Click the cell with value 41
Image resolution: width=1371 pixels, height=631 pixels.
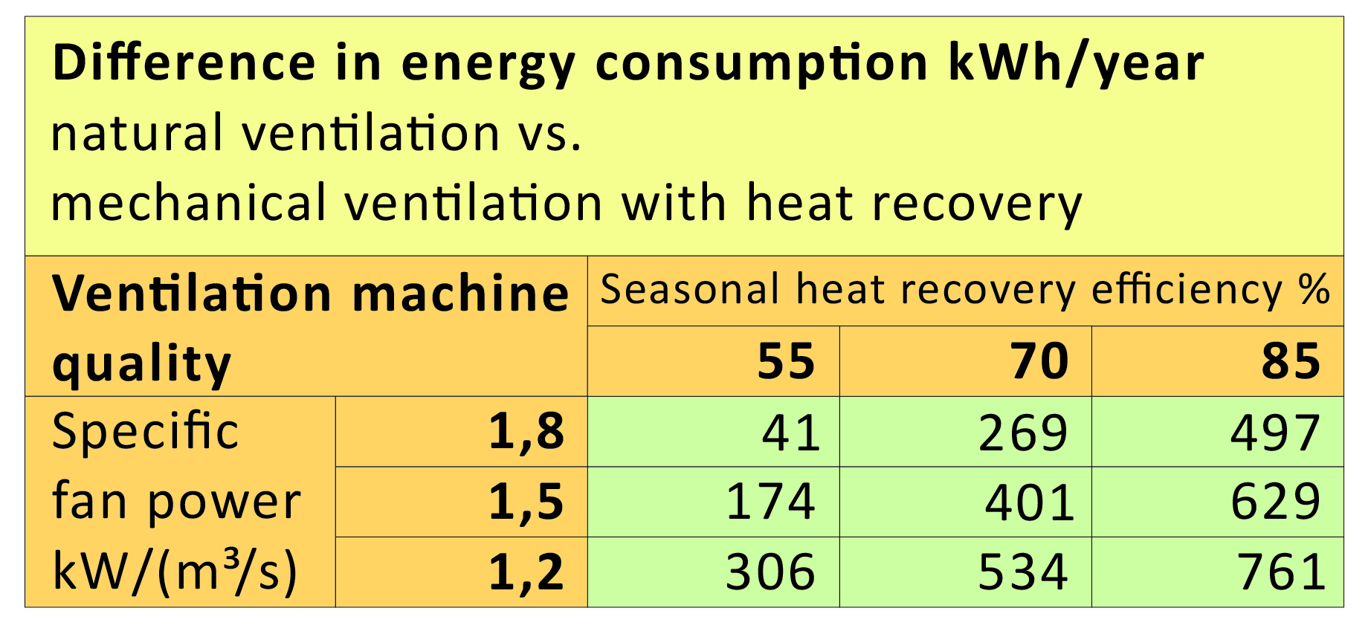tap(790, 433)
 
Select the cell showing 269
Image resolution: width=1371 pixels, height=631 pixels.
tap(1023, 433)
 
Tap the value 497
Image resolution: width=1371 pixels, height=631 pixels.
tap(1275, 433)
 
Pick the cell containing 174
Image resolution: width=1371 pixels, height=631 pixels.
tap(770, 502)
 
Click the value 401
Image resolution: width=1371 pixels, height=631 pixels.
tap(1030, 502)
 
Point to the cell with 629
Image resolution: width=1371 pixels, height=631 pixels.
tap(1275, 502)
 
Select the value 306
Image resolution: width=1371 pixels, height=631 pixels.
tap(770, 572)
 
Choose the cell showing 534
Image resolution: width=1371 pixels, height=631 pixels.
tap(1023, 572)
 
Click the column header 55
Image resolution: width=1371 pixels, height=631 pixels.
tap(786, 362)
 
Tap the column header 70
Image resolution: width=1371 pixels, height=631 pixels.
tap(1039, 362)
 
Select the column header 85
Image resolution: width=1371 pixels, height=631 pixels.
tap(1291, 362)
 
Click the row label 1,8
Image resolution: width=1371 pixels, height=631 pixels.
tap(526, 432)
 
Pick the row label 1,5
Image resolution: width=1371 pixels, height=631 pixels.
tap(526, 502)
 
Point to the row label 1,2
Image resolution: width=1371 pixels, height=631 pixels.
tap(526, 572)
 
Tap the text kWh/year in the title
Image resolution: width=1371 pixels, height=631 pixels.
tap(1076, 64)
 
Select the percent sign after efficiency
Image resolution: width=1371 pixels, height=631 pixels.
tap(1314, 289)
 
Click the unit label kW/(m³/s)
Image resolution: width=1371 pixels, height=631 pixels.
tap(175, 572)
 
